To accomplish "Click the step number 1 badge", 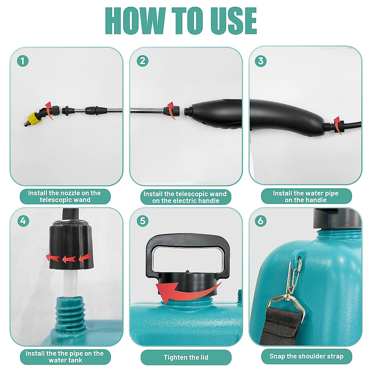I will [23, 61].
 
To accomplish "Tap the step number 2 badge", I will [142, 61].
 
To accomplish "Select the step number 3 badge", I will [261, 61].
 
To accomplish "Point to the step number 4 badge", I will [23, 221].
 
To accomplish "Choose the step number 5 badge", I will [142, 221].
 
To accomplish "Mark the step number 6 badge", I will [261, 221].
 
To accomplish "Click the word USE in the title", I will [229, 21].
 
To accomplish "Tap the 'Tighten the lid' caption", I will [186, 357].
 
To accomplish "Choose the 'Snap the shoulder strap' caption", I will [306, 356].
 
